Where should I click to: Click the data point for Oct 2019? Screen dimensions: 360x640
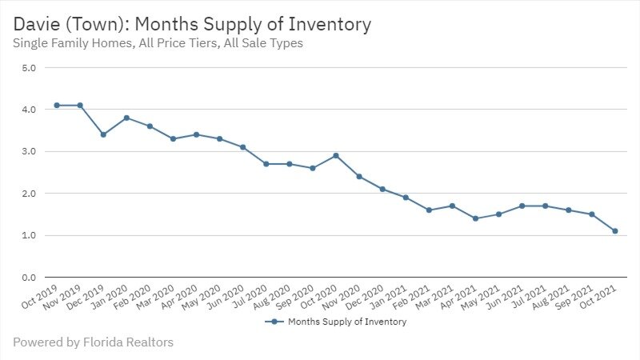[x=57, y=105]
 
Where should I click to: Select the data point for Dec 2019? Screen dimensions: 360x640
[x=103, y=134]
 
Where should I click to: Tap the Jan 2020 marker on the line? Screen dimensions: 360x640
[x=126, y=118]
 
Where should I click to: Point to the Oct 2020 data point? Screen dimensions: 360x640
[x=336, y=155]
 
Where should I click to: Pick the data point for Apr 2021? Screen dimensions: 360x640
[x=475, y=218]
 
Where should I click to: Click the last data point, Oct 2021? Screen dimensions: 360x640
[x=615, y=231]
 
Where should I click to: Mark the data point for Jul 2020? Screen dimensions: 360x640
[x=266, y=164]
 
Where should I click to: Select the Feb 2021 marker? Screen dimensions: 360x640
[x=429, y=210]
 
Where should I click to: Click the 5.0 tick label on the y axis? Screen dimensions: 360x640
[x=29, y=68]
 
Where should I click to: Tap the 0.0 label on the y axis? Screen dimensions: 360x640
[x=29, y=278]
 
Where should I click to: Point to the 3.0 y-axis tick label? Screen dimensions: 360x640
[x=29, y=152]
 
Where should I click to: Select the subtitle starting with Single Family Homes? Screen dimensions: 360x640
[x=158, y=43]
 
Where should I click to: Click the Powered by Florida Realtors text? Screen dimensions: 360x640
[x=93, y=342]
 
